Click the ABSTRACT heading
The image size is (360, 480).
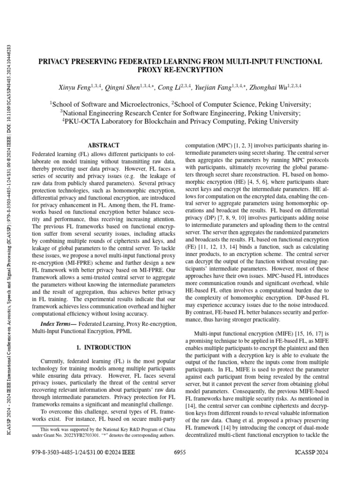[x=104, y=145]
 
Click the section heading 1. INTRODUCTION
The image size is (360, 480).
[x=104, y=347]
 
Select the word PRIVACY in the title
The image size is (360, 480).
[x=55, y=61]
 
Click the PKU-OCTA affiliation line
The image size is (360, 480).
[x=180, y=121]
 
